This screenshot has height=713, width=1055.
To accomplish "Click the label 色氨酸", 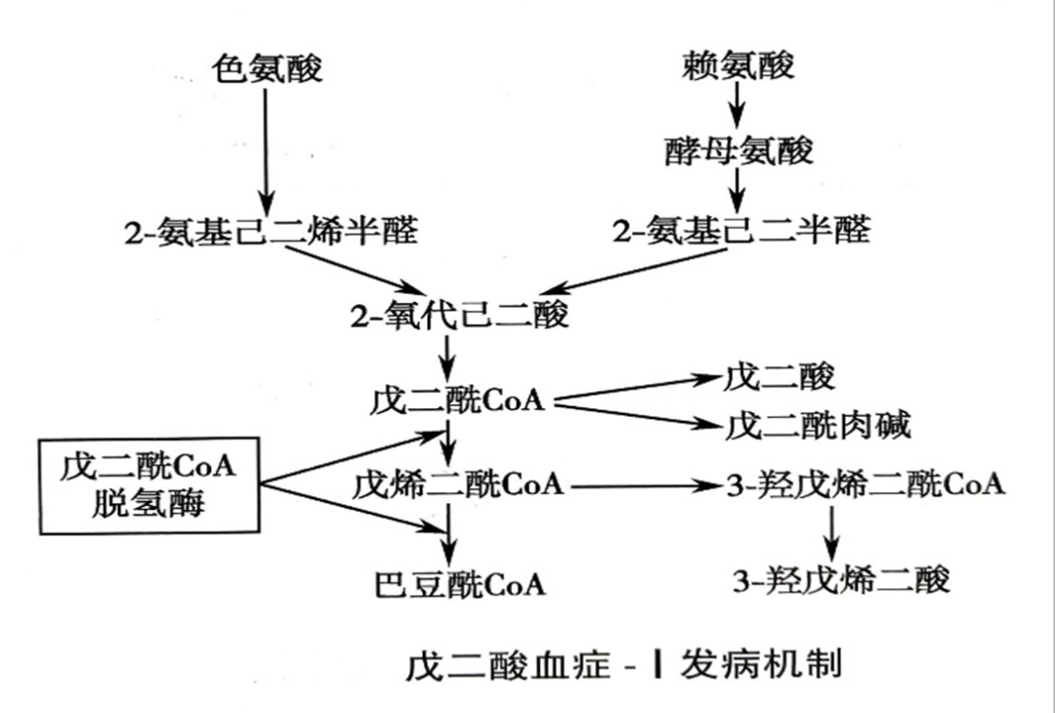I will pyautogui.click(x=267, y=68).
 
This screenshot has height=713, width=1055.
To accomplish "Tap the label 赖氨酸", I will pyautogui.click(x=738, y=65).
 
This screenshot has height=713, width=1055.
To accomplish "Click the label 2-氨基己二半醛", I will pyautogui.click(x=740, y=231).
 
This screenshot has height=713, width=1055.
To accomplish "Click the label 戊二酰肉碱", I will pyautogui.click(x=819, y=426).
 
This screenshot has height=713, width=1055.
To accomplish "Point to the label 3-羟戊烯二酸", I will pyautogui.click(x=841, y=580).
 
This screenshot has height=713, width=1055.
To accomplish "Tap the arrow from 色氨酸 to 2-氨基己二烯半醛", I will pyautogui.click(x=266, y=144).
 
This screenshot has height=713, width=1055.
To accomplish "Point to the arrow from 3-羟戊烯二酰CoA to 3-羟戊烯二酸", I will pyautogui.click(x=831, y=531).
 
